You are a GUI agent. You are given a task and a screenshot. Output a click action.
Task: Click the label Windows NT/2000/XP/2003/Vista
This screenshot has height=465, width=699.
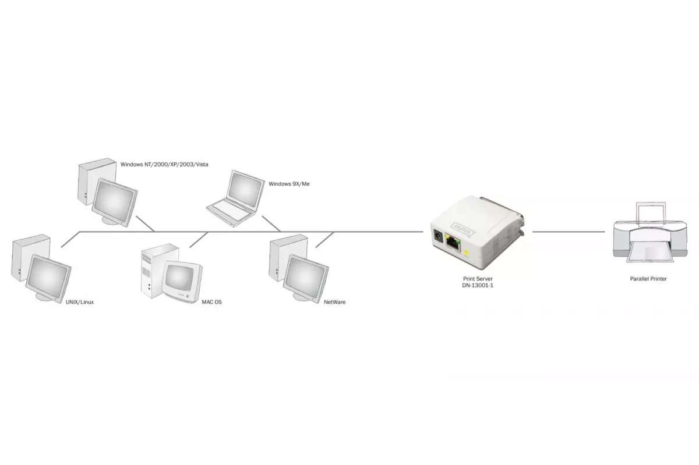point(164,164)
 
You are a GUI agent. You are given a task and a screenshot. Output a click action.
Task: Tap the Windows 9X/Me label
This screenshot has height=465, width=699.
point(289,184)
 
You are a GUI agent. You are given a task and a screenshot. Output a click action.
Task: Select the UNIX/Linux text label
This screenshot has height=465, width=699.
point(80,302)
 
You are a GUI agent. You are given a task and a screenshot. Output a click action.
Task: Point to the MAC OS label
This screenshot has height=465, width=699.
point(211,302)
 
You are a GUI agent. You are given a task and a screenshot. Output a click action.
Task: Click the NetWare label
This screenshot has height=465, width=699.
point(334,302)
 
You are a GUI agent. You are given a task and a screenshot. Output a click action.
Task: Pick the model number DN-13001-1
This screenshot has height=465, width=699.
point(478,285)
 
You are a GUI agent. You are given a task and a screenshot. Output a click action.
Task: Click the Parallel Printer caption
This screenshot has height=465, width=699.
point(648,279)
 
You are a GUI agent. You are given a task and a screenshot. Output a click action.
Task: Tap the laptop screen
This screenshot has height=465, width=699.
point(245,190)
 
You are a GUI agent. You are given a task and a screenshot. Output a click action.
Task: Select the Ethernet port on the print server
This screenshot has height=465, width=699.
point(453,242)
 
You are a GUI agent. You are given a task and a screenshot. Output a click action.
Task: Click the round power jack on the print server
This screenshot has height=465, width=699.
point(438,236)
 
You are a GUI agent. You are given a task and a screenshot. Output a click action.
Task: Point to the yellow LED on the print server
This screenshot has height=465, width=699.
point(467,253)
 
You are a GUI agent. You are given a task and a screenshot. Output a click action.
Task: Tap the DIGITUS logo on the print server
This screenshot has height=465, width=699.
point(463,229)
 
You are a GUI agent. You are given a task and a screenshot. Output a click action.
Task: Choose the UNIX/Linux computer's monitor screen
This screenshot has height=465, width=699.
point(48,276)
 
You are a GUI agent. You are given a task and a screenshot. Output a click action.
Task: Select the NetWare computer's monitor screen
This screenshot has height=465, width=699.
point(305,276)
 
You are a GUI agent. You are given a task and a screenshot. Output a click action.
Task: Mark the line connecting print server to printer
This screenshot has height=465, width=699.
point(569,232)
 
